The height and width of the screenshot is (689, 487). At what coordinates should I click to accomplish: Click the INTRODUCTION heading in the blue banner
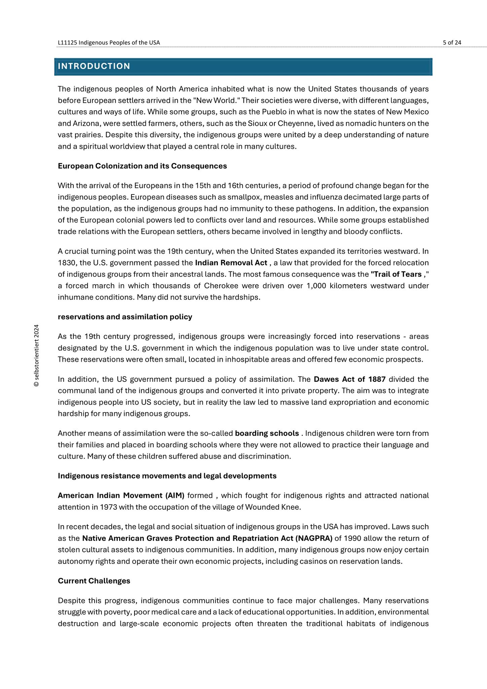tap(94, 66)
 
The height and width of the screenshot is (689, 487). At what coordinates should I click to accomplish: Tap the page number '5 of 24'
tap(452, 42)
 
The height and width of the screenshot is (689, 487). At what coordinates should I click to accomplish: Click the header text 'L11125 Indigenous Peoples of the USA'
tap(109, 42)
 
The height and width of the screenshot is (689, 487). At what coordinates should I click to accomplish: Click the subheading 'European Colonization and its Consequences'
tap(142, 166)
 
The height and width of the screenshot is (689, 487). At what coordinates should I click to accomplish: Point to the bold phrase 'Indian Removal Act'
tap(231, 263)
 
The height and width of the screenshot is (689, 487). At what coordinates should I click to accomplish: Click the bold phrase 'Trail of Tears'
tap(396, 274)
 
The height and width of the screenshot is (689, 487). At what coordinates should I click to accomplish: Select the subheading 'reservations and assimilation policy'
tap(125, 317)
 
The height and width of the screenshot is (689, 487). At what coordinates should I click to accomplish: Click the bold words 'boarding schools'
tap(267, 433)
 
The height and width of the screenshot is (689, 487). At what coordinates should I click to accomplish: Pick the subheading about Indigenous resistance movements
tap(167, 476)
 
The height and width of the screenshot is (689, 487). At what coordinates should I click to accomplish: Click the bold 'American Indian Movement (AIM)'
tap(121, 495)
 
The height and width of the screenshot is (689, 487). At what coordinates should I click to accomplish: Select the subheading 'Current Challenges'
tap(94, 581)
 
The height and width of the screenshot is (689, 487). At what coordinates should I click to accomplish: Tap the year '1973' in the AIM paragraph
tap(108, 507)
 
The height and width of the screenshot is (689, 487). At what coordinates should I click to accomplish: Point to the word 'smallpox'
tap(228, 197)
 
